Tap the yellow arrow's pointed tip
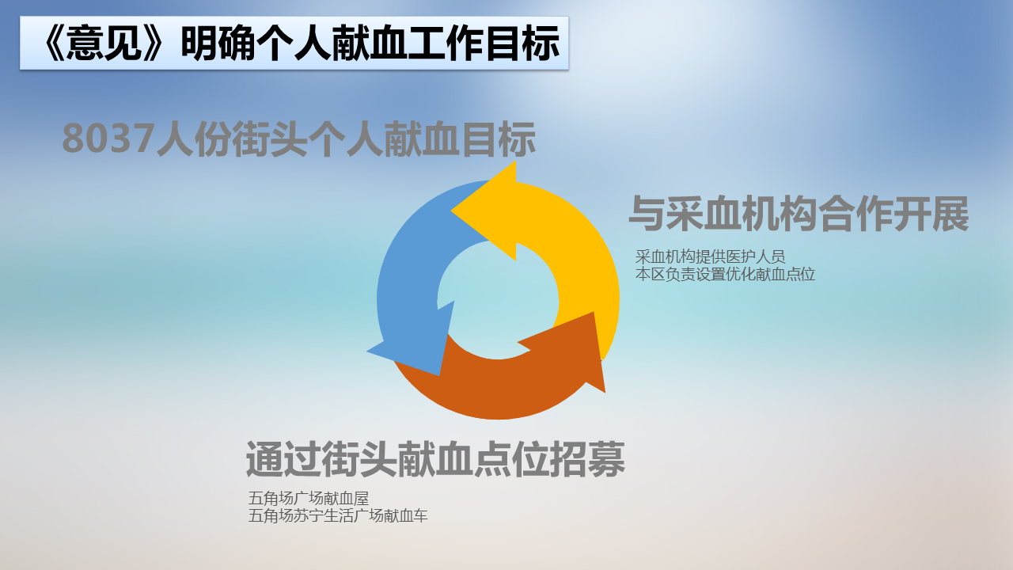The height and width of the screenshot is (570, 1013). pos(451,210)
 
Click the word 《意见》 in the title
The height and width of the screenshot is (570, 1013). pos(103,44)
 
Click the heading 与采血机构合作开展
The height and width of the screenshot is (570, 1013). pos(799,214)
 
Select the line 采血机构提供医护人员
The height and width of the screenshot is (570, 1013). pos(710,257)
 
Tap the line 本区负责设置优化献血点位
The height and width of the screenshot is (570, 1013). pos(725,274)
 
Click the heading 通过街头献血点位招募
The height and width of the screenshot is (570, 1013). pos(435,460)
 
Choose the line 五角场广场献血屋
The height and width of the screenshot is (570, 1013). pos(309,499)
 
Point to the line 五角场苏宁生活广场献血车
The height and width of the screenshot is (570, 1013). pos(338,515)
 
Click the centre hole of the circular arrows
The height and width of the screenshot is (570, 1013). pos(498,299)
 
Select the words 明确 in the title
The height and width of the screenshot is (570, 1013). pos(218,44)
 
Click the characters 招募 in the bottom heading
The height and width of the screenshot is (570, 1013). pos(587,460)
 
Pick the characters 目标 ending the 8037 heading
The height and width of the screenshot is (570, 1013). pos(499,139)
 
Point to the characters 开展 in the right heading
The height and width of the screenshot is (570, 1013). pos(931,214)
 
